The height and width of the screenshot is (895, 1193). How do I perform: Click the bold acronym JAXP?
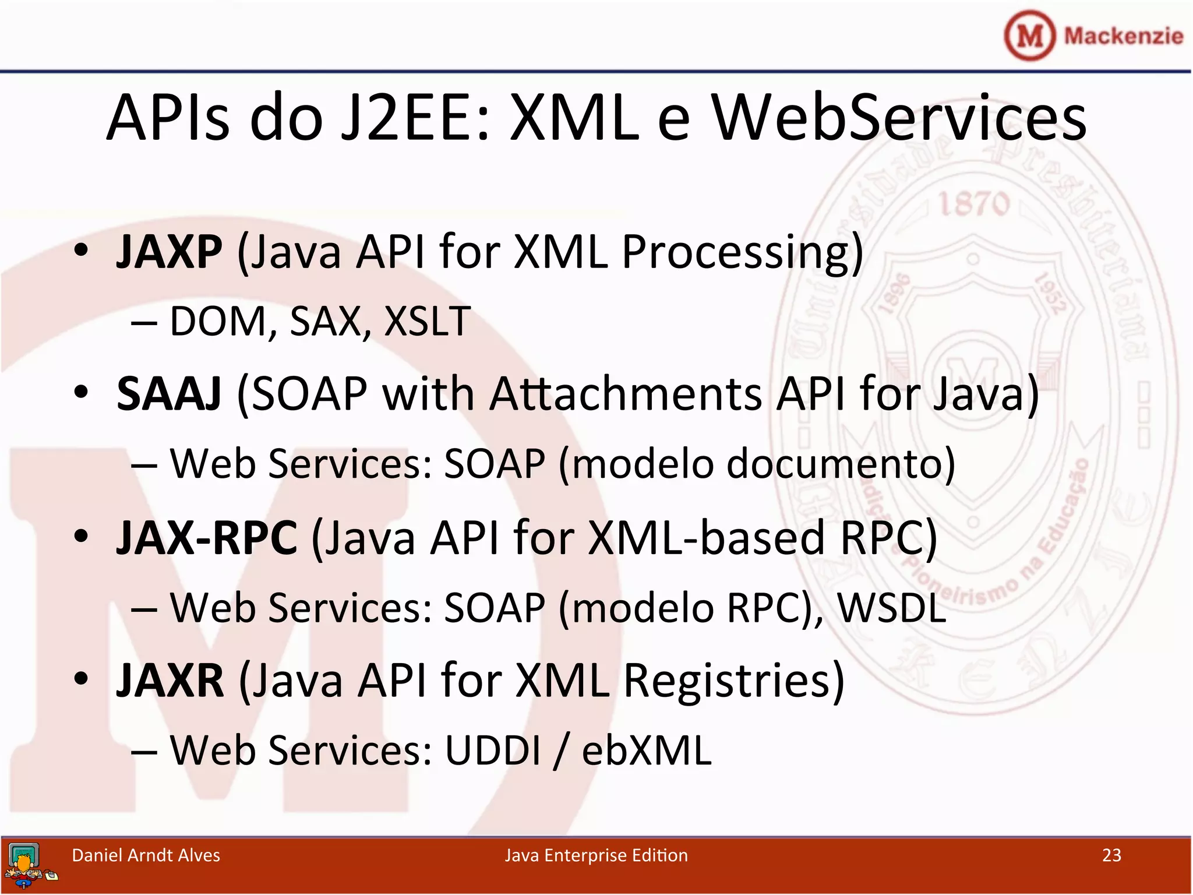coord(169,252)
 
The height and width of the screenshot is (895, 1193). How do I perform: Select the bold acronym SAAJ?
coord(169,394)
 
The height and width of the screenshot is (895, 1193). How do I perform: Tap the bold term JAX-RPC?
coord(207,538)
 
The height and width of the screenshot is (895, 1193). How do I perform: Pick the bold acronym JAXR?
coord(170,681)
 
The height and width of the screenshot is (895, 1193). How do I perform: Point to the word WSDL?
coord(891,608)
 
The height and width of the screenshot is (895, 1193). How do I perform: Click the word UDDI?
coord(493,750)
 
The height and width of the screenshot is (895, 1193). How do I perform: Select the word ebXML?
coord(647,750)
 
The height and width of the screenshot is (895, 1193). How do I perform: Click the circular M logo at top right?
coord(1029,36)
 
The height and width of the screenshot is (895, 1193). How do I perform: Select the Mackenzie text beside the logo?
coord(1123,36)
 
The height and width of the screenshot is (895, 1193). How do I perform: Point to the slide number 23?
coord(1111,855)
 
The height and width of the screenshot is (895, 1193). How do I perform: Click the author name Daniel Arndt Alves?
coord(146,855)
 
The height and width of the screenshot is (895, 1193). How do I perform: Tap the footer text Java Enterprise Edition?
coord(596,855)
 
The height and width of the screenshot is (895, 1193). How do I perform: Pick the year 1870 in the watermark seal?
coord(973,205)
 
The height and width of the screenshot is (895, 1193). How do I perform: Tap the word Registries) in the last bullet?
coord(734,681)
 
